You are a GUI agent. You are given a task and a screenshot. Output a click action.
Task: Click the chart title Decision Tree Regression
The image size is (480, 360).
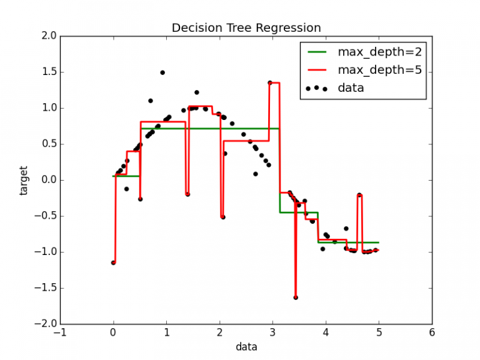click(x=246, y=28)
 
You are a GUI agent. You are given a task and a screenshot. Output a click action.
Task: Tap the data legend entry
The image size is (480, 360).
click(x=351, y=88)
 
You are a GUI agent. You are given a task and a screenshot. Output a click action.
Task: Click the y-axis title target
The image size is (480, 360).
click(x=24, y=180)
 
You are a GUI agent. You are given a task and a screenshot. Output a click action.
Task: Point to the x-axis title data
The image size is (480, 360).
click(x=246, y=346)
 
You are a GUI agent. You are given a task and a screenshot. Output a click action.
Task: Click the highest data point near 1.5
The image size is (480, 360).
click(x=162, y=72)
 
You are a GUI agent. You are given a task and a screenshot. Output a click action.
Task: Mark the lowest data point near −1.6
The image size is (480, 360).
click(x=296, y=297)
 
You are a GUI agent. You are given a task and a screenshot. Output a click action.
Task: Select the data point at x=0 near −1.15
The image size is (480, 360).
click(x=113, y=262)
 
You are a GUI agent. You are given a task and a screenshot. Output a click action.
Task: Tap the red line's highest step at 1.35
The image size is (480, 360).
click(x=274, y=83)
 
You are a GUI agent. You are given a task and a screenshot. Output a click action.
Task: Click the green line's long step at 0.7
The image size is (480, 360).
click(x=212, y=128)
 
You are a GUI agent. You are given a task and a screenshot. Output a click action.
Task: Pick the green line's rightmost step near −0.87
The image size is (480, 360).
click(x=350, y=242)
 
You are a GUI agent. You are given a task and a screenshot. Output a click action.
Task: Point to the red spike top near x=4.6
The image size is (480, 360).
click(x=359, y=195)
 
